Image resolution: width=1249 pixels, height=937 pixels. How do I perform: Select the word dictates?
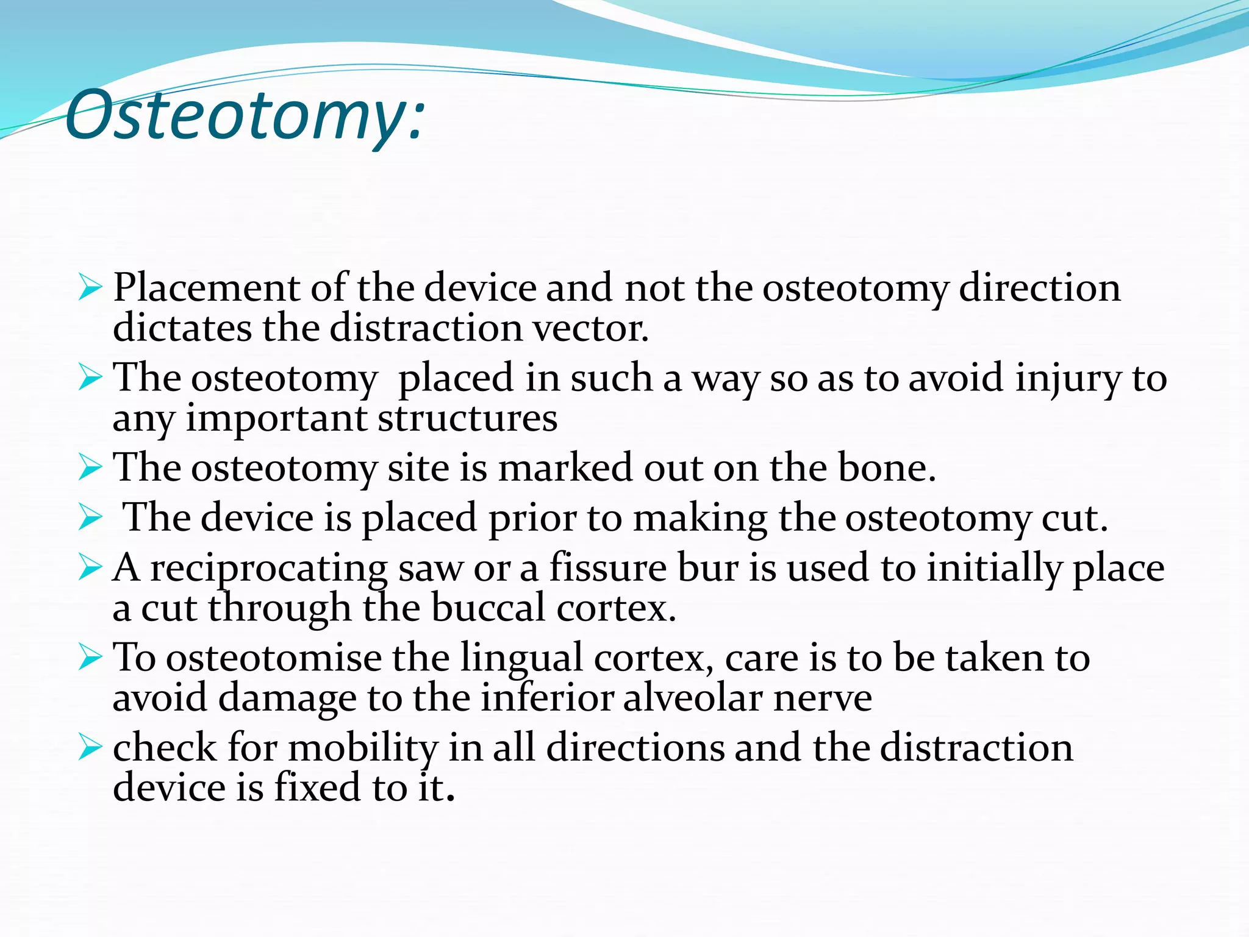(x=182, y=328)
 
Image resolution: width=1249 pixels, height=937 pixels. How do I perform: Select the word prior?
(x=532, y=518)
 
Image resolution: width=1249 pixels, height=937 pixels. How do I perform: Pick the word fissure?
(x=608, y=567)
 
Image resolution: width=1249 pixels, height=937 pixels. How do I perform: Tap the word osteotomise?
(x=274, y=658)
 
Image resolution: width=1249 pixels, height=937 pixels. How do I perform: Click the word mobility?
(x=363, y=749)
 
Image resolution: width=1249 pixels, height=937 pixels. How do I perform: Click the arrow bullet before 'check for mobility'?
(x=90, y=747)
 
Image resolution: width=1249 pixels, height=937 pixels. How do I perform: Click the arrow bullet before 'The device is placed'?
(x=90, y=518)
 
